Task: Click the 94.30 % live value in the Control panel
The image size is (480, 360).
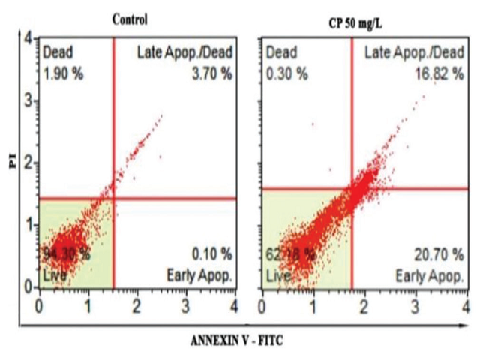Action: point(67,253)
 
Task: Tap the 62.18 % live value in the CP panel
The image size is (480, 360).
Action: point(289,253)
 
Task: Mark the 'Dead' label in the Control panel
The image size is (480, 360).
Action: point(56,52)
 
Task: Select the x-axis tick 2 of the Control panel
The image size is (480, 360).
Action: point(136,306)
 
